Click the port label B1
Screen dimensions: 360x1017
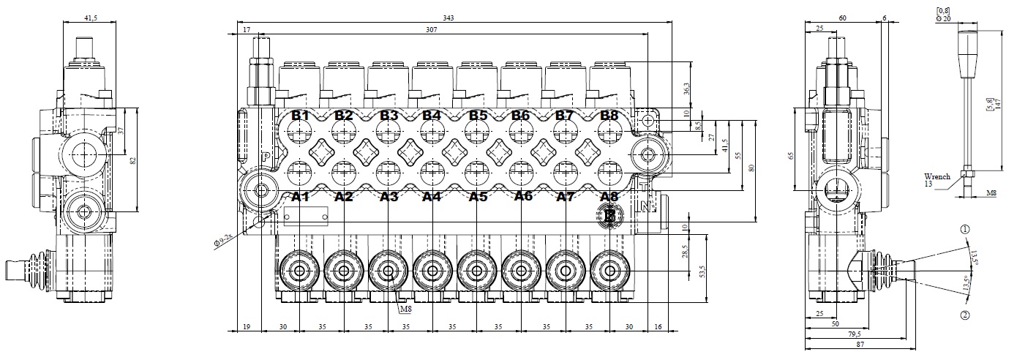[x=300, y=116]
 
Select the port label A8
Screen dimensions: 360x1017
[x=609, y=197]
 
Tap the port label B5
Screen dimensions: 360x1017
[x=478, y=116]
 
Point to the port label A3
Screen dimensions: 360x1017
[x=389, y=197]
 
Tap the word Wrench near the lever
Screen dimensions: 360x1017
[x=937, y=177]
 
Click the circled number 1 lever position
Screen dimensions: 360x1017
[x=965, y=229]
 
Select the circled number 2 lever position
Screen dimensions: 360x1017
[x=965, y=315]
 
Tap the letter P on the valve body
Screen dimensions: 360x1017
[x=266, y=157]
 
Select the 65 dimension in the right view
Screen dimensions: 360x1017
[x=799, y=156]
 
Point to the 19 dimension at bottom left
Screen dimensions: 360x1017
[x=247, y=328]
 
